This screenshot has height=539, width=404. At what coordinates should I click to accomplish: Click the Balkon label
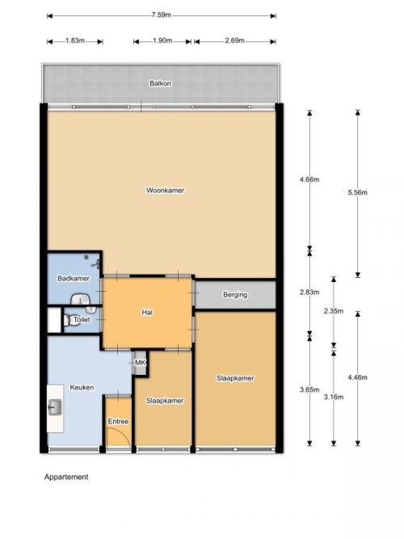[x=160, y=83]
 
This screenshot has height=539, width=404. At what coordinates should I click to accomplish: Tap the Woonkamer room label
[x=165, y=190]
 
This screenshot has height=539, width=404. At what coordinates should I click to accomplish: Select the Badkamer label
[x=74, y=278]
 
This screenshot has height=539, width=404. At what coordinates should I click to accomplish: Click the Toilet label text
[x=82, y=319]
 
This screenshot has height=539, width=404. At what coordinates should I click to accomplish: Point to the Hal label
[x=147, y=312]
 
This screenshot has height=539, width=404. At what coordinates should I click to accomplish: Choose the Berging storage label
[x=235, y=295]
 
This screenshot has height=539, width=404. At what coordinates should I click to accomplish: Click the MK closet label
[x=140, y=362]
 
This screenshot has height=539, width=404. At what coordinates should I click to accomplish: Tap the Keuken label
[x=82, y=387]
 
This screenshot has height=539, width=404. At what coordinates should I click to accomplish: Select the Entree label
[x=118, y=421]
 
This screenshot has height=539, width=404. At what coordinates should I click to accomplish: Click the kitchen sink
[x=55, y=407]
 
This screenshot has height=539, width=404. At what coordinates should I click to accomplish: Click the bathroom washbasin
[x=80, y=300]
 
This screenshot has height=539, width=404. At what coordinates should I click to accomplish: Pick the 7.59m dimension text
[x=162, y=15]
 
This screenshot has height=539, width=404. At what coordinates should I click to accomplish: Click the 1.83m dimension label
[x=75, y=40]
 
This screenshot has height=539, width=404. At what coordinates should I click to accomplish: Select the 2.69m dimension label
[x=235, y=40]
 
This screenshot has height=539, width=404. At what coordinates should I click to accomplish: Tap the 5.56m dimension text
[x=358, y=192]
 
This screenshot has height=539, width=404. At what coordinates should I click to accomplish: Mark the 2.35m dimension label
[x=334, y=311]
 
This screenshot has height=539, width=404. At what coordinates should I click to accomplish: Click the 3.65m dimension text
[x=309, y=390]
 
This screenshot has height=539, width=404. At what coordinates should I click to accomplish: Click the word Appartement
[x=66, y=477]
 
